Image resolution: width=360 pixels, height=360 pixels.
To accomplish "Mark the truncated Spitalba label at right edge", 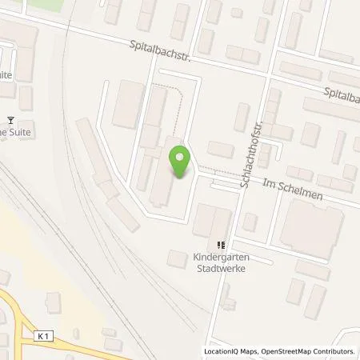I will (342, 94).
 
